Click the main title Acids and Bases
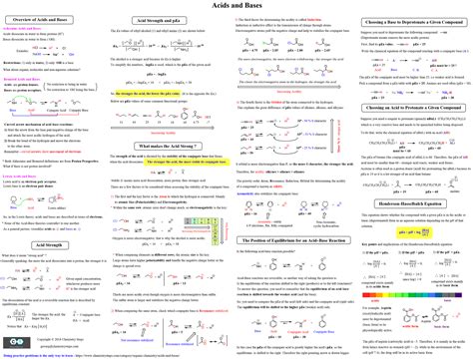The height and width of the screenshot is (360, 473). coord(236,6)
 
